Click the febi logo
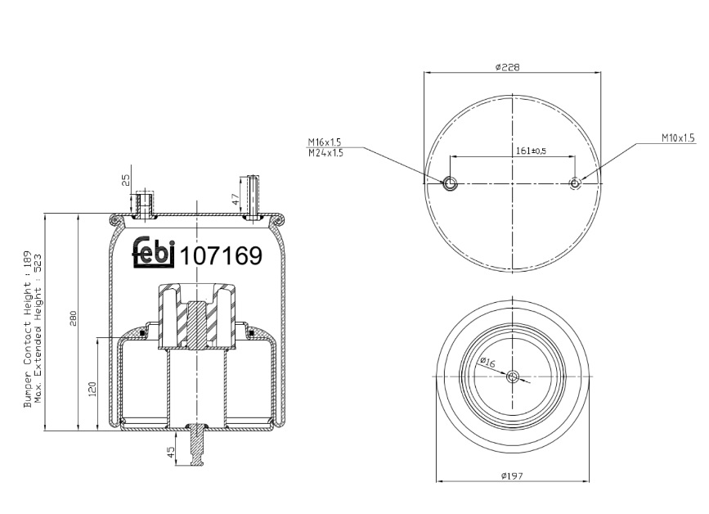point(153,252)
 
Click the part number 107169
point(221,256)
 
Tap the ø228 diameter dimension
point(507,67)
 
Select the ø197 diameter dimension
point(512,476)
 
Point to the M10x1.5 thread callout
point(678,138)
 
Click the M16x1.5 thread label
point(325,142)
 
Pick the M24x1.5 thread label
point(325,153)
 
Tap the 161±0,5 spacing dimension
point(531,151)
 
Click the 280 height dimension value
point(74,318)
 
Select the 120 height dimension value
point(92,389)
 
